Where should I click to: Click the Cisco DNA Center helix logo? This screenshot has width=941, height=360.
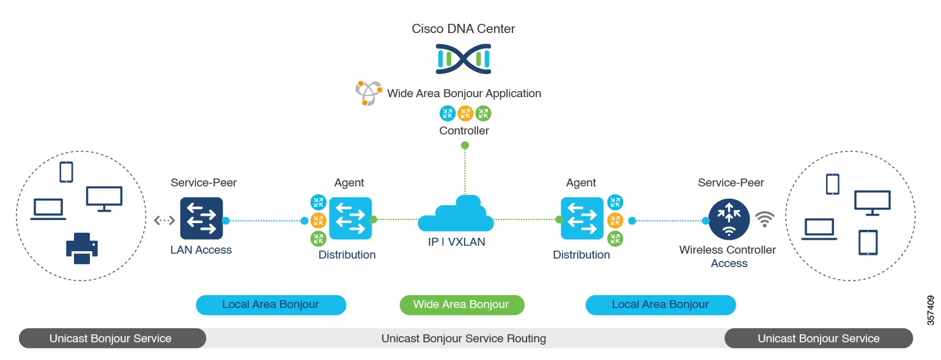[463, 59]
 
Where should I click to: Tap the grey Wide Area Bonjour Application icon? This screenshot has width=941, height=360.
[369, 93]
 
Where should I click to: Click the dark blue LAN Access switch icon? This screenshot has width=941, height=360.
[202, 218]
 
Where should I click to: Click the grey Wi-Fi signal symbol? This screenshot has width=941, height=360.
[764, 219]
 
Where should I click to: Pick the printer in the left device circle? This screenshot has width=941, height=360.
[81, 248]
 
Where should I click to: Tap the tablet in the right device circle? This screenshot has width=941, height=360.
[868, 242]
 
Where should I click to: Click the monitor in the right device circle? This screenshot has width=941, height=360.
[872, 202]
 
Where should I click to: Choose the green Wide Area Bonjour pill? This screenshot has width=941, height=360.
[462, 304]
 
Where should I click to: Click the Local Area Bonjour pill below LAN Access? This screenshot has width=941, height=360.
[271, 304]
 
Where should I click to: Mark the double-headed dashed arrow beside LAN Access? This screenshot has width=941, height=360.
[164, 220]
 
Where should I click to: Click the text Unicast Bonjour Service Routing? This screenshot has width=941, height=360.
[463, 338]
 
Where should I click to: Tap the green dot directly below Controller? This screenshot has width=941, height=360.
[465, 145]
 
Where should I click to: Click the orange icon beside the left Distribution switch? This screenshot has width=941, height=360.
[318, 219]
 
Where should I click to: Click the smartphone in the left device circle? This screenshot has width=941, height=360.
[66, 172]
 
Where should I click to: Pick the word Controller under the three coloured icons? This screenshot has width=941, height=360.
[464, 130]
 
